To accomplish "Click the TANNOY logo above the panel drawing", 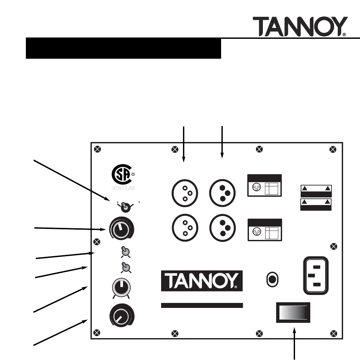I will tap(300, 27).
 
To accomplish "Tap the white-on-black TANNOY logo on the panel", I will tap(202, 280).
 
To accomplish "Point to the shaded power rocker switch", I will tap(293, 313).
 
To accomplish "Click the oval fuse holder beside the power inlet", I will tap(272, 279).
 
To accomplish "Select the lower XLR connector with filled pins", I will tap(222, 228).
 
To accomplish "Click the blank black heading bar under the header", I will tap(123, 48).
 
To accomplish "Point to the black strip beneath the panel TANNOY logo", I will tap(202, 305).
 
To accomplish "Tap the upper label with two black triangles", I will tap(316, 190).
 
